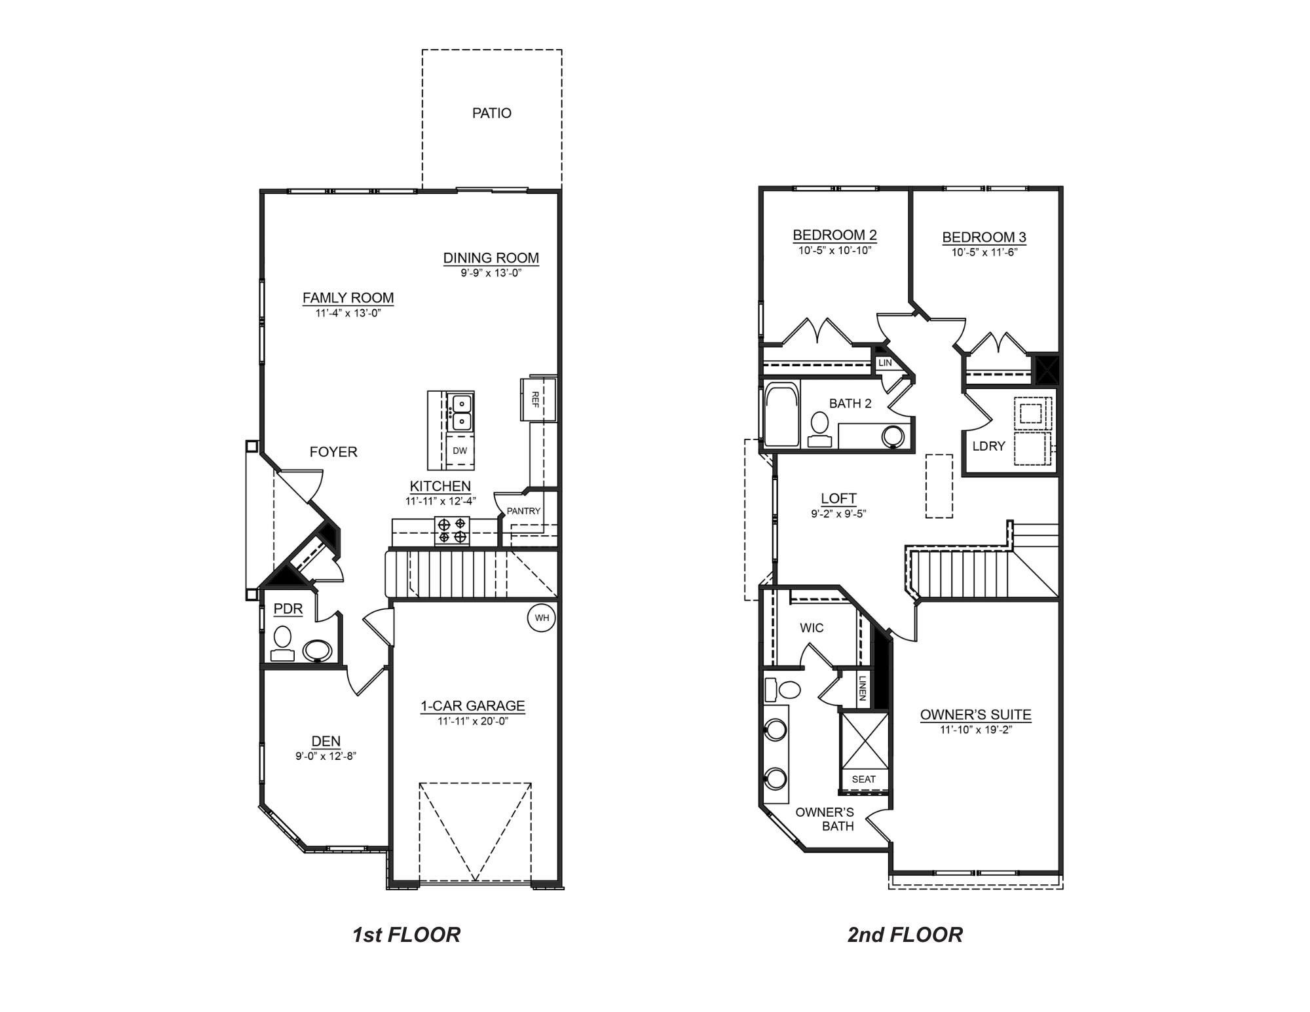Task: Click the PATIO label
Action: pos(491,113)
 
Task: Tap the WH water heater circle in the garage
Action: pos(542,618)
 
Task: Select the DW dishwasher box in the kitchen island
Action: pos(460,451)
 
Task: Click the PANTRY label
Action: pos(523,511)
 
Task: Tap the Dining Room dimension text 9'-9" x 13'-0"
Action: pos(491,272)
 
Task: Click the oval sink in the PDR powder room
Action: pos(318,650)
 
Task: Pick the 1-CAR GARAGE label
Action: pos(472,705)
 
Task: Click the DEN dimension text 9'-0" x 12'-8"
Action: pos(326,756)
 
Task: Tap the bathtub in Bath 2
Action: pos(782,415)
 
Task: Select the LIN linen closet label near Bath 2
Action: pos(885,362)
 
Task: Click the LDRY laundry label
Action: pos(988,446)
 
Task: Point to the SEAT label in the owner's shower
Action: pos(863,779)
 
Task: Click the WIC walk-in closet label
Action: pos(812,628)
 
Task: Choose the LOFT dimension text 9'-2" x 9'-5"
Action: pos(838,514)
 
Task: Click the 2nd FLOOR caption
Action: pos(905,935)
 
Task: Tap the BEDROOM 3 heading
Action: pos(984,237)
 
